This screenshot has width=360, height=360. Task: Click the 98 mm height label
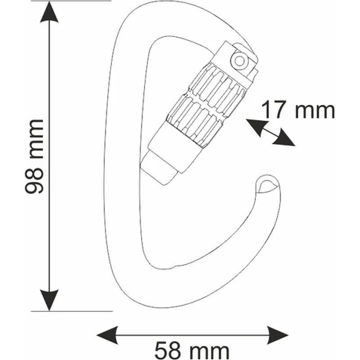point(35,156)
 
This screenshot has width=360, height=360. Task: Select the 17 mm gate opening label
point(298,110)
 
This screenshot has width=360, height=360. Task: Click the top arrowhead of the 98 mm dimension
point(49,13)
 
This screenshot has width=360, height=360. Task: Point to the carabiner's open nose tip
point(268,184)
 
